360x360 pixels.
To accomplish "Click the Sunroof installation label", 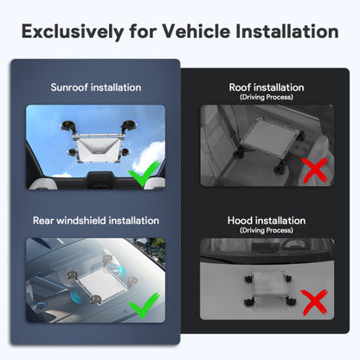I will point(96,87).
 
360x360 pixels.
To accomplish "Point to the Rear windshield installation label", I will point(96,221).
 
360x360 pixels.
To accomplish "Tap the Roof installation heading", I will point(267,87).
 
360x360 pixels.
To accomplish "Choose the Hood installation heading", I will point(267,221).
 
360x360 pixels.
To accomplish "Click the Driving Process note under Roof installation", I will point(267,98).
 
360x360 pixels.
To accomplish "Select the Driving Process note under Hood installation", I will point(267,231).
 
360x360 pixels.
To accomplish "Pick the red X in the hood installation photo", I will point(313,303).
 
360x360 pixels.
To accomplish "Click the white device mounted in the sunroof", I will point(97,149).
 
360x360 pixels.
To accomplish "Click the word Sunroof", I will point(72,87).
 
